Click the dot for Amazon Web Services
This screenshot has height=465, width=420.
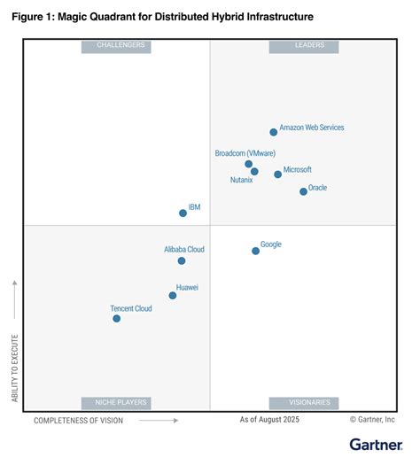273,132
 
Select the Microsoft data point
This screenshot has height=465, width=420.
277,174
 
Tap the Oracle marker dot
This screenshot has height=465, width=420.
303,191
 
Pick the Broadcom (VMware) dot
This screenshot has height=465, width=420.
249,164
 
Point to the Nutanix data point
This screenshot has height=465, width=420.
254,172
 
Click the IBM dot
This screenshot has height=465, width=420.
183,213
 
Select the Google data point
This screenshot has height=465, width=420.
255,251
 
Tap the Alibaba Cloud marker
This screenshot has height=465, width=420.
182,260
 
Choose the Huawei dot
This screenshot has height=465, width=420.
173,295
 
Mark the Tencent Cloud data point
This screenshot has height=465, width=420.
117,318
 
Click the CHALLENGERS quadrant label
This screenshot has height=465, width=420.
116,46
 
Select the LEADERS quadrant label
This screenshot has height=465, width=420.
303,46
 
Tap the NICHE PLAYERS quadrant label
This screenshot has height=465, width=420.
116,403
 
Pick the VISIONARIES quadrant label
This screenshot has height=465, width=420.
303,403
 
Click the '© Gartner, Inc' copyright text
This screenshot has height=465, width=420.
372,420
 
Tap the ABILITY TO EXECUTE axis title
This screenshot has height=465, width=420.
15,368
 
